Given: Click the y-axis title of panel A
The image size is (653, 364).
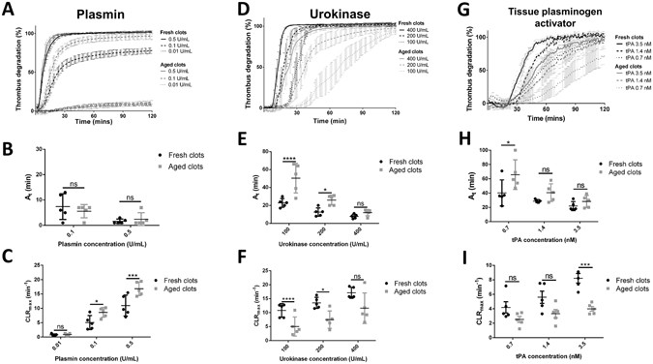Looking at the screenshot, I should [x=12, y=63].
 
